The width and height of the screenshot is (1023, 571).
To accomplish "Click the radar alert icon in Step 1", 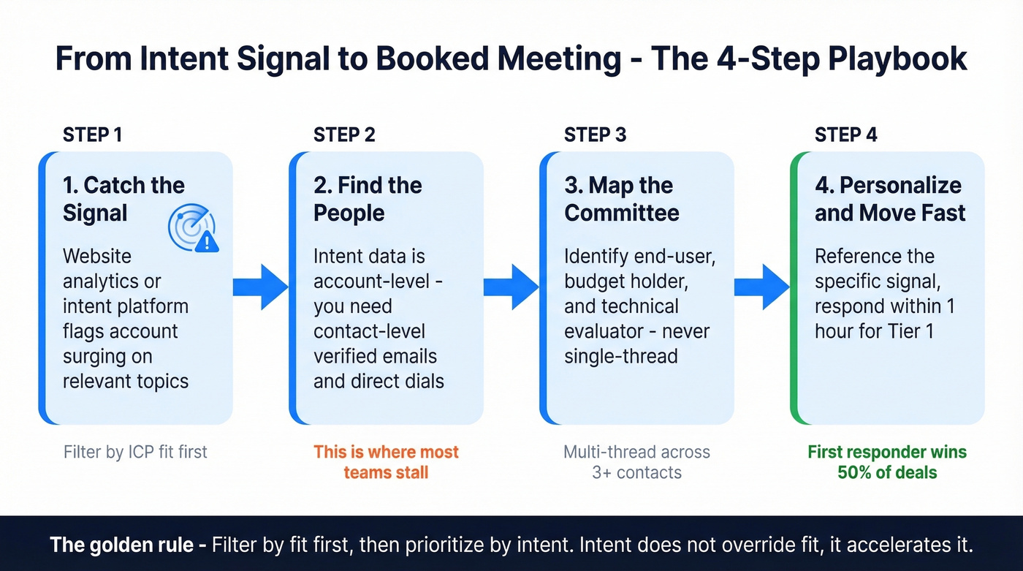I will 193,230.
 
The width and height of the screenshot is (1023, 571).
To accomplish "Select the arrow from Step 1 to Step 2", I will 260,287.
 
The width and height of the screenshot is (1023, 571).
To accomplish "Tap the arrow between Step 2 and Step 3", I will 511,287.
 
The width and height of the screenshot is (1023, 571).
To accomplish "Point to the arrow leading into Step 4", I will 761,287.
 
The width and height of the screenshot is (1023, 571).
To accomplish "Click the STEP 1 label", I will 93,135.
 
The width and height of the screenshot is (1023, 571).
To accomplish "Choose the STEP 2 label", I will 344,135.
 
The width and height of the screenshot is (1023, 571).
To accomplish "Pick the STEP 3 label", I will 595,135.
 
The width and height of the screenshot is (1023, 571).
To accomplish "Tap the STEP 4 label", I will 845,135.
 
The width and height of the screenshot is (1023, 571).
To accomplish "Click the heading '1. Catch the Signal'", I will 123,199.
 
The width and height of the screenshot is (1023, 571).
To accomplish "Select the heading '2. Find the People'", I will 368,199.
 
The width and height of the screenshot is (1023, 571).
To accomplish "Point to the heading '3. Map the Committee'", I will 621,199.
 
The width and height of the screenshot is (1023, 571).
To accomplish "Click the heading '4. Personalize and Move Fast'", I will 889,199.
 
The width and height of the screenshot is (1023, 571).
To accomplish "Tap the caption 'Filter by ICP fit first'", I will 135,452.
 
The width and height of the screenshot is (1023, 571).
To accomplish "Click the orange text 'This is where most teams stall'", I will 386,461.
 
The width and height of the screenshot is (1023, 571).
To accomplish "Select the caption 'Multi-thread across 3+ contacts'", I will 636,461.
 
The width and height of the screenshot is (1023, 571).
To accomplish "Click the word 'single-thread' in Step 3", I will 620,356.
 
